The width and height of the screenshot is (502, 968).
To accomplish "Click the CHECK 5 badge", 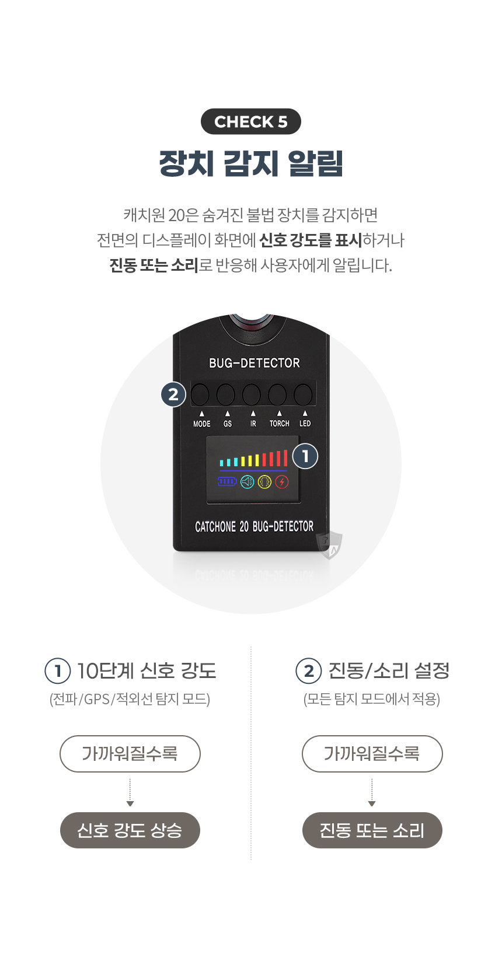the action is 251,121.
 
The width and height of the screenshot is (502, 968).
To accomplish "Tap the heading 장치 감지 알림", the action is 251,163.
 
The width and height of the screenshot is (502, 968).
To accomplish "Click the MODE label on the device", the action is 202,424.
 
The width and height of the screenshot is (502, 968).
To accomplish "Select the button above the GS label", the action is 226,394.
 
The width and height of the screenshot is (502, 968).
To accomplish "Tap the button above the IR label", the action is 252,394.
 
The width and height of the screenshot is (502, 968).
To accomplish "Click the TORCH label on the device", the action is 280,424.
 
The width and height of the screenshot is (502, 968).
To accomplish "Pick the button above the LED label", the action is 303,394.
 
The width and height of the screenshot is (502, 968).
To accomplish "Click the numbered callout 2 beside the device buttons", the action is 173,394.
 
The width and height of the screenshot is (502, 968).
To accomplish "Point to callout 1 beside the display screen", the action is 305,456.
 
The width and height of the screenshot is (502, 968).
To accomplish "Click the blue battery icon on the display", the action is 227,481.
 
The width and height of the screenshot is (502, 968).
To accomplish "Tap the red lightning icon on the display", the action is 282,482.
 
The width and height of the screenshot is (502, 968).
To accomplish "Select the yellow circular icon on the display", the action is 264,482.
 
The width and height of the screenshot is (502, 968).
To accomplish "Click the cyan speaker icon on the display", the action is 247,482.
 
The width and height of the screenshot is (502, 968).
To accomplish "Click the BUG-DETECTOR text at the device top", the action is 255,363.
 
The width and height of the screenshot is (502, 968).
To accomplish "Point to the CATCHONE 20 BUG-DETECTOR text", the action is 255,527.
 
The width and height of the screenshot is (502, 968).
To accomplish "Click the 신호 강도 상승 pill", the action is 130,830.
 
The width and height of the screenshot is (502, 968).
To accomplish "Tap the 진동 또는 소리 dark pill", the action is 372,830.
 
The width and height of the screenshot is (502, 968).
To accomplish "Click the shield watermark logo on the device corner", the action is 329,545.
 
